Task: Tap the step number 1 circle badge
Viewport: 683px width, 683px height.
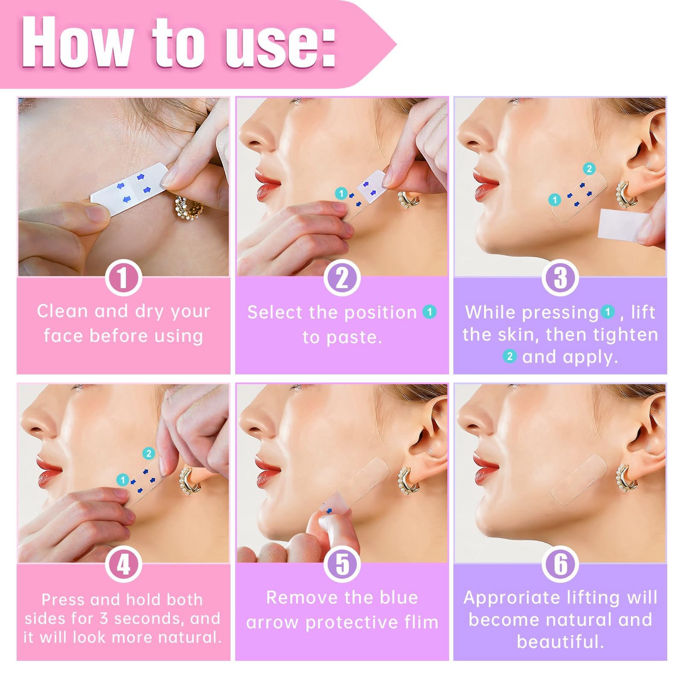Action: [123, 278]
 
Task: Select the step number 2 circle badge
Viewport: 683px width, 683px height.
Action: [342, 278]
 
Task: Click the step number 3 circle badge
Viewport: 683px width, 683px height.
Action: [560, 278]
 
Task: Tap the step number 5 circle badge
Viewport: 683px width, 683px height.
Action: [342, 564]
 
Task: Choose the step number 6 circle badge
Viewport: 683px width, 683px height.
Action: [560, 564]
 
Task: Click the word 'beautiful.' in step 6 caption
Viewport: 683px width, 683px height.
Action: [560, 642]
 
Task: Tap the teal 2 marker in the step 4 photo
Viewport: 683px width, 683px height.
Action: [149, 453]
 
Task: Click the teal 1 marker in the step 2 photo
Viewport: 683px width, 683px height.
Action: [341, 193]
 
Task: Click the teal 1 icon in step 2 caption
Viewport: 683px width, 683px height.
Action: [429, 312]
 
